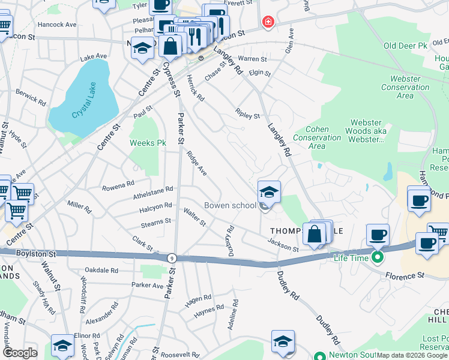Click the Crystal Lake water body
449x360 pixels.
point(81,99)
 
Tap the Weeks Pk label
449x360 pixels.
point(148,143)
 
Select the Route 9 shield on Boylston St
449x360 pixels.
point(172,257)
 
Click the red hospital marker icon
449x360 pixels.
point(268,22)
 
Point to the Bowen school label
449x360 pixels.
point(230,205)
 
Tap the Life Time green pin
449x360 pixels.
point(377,258)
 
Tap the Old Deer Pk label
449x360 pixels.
point(405,46)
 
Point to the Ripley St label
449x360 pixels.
point(247,113)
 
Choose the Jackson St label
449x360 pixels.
point(283,245)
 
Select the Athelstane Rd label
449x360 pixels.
point(152,191)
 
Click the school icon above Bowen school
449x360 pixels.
point(269,192)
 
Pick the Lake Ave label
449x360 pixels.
point(94,56)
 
